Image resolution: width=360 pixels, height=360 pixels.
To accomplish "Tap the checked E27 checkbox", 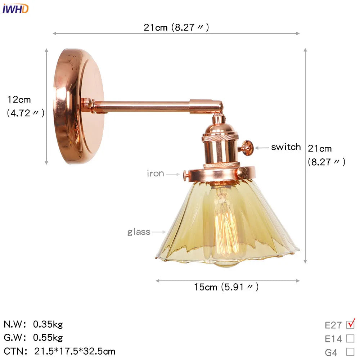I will (x=350, y=325).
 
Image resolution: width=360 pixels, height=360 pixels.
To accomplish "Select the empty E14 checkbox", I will (x=350, y=338).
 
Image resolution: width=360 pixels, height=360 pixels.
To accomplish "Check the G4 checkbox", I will (x=350, y=352).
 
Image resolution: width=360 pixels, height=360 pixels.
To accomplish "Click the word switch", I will (x=286, y=147).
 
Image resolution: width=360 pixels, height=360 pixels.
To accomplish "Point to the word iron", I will (x=156, y=174).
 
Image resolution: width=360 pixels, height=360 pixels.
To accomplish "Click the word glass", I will (x=139, y=232).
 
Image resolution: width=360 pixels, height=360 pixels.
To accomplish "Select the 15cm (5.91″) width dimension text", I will (x=226, y=287).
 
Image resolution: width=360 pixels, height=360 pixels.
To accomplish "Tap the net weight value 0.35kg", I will (x=48, y=324).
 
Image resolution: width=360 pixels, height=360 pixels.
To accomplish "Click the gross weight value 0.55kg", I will (x=48, y=338).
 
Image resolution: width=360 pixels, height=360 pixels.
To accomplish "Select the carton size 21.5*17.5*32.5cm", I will (x=75, y=351).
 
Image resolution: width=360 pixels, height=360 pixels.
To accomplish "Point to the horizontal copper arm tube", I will (x=144, y=107).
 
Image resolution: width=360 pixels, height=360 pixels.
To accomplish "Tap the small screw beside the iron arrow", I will (x=186, y=175).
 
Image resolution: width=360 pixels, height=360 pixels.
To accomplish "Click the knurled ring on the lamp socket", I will (x=220, y=138).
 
